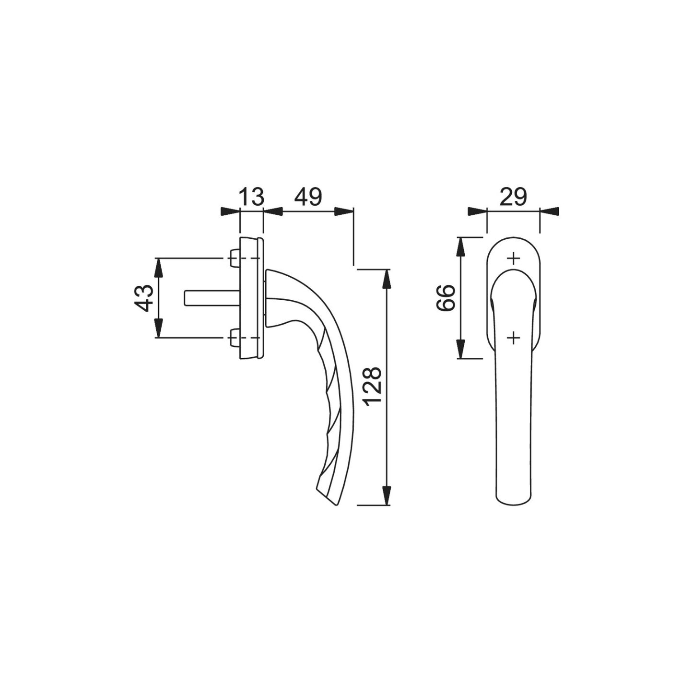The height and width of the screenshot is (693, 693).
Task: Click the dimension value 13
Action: (x=251, y=197)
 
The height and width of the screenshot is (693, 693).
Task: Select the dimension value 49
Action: (x=308, y=197)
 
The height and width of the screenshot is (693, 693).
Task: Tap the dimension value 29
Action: (x=513, y=197)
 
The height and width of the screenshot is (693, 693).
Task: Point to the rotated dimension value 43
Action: (x=144, y=298)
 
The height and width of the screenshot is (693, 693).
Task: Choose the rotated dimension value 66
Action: (x=446, y=298)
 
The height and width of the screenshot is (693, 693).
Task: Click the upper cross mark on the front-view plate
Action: (x=514, y=258)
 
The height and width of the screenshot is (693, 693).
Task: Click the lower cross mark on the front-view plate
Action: (x=514, y=338)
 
